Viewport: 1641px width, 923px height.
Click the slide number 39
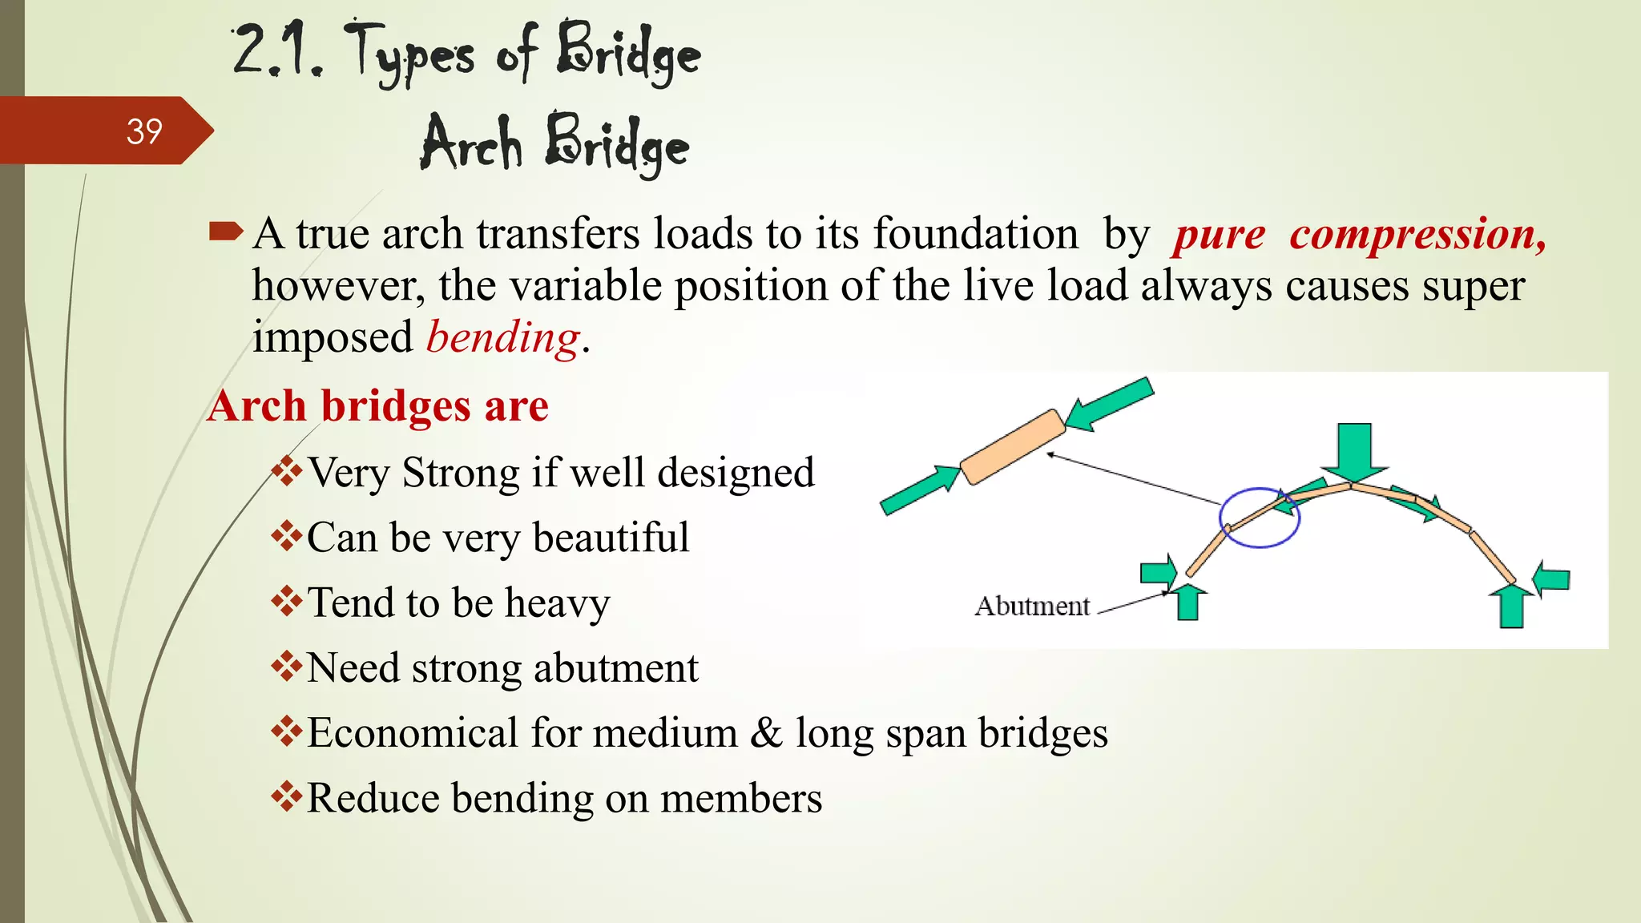[x=144, y=131]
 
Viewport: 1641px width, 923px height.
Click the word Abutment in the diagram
[x=1032, y=607]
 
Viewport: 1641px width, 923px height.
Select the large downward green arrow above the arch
[x=1354, y=450]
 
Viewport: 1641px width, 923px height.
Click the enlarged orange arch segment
[x=1013, y=446]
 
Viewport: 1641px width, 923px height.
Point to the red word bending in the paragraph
[x=502, y=337]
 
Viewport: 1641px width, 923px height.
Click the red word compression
[x=1417, y=235]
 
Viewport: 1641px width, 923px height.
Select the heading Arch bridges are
[x=377, y=406]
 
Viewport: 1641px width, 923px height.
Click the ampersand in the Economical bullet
[x=767, y=732]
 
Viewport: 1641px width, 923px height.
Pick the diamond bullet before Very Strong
[x=286, y=471]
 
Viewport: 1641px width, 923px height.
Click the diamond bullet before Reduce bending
[x=286, y=796]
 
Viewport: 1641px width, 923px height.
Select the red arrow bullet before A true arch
[x=225, y=232]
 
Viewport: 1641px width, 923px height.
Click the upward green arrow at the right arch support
[x=1511, y=606]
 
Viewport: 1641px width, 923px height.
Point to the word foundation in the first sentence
[x=975, y=235]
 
